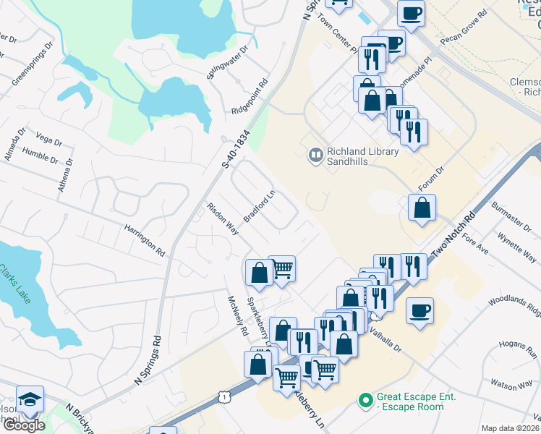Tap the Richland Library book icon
click(x=315, y=154)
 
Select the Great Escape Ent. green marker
click(x=366, y=399)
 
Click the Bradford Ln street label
click(x=260, y=207)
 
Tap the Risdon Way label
click(x=223, y=218)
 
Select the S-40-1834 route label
click(x=236, y=150)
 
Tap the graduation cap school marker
click(x=30, y=399)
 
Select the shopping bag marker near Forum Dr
click(x=421, y=208)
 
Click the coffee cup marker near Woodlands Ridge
click(x=419, y=310)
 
